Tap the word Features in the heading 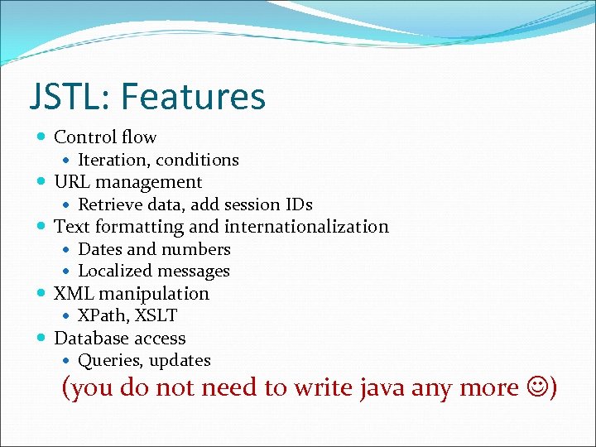point(193,97)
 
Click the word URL point(72,182)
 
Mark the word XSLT point(156,315)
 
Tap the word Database point(89,339)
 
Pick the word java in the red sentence point(381,387)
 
